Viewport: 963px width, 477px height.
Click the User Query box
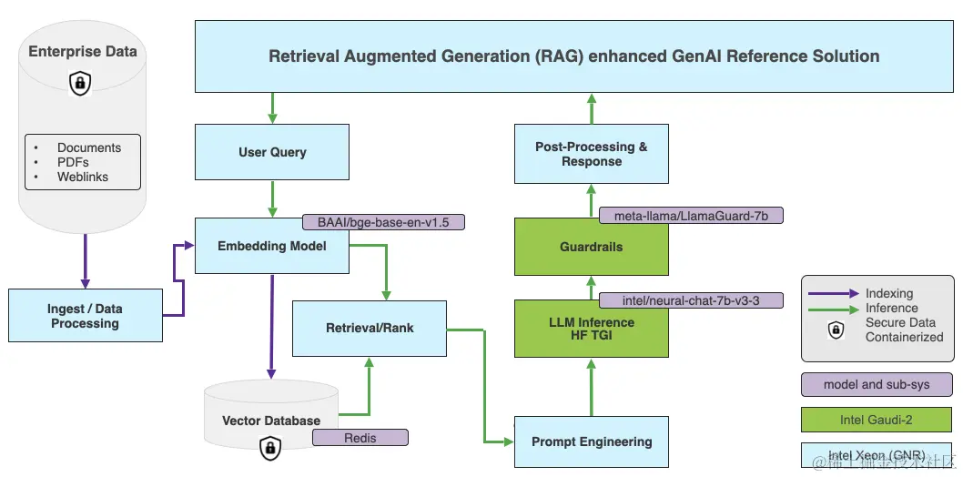point(272,152)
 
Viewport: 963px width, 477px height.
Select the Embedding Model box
point(272,246)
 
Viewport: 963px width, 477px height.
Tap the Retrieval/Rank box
point(370,329)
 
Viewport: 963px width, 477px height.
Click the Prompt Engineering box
point(592,442)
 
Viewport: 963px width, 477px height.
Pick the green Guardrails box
point(592,247)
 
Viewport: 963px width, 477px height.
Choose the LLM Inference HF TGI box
point(592,329)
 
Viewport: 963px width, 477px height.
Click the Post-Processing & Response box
point(592,154)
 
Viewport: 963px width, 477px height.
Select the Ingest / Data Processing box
point(86,316)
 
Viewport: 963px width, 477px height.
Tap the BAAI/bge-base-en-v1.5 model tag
point(384,222)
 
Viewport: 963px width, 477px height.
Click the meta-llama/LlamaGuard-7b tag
point(691,216)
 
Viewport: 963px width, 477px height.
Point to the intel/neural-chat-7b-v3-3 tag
point(691,300)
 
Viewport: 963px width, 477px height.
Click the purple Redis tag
point(360,438)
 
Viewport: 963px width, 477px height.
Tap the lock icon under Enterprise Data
point(80,84)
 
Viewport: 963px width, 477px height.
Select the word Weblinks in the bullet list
point(83,177)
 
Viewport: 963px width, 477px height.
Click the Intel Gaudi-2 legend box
point(877,420)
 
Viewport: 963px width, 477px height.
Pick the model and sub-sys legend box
point(877,385)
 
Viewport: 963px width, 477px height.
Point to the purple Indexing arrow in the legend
point(834,294)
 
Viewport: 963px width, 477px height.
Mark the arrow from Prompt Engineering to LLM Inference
point(592,387)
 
